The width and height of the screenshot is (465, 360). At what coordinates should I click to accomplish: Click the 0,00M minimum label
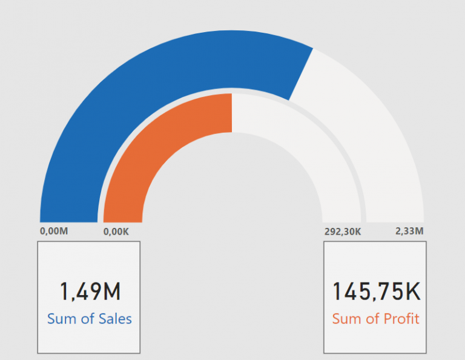53,231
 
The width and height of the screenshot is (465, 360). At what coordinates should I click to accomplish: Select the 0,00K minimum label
116,231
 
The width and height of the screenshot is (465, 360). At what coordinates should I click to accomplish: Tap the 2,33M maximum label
409,231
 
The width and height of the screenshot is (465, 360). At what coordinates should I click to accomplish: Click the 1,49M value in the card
90,292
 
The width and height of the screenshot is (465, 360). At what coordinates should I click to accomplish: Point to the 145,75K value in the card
375,292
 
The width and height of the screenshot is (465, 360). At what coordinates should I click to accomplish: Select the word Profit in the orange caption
400,319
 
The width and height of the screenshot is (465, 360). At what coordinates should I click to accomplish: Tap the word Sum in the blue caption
62,319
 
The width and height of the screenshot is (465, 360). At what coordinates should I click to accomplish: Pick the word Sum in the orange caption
347,319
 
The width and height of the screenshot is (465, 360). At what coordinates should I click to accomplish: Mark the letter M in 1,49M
111,292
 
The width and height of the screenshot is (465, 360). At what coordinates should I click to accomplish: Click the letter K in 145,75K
412,292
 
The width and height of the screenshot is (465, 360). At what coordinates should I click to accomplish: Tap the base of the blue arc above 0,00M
68,218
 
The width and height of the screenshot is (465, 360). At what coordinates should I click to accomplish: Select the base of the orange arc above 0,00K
123,219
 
